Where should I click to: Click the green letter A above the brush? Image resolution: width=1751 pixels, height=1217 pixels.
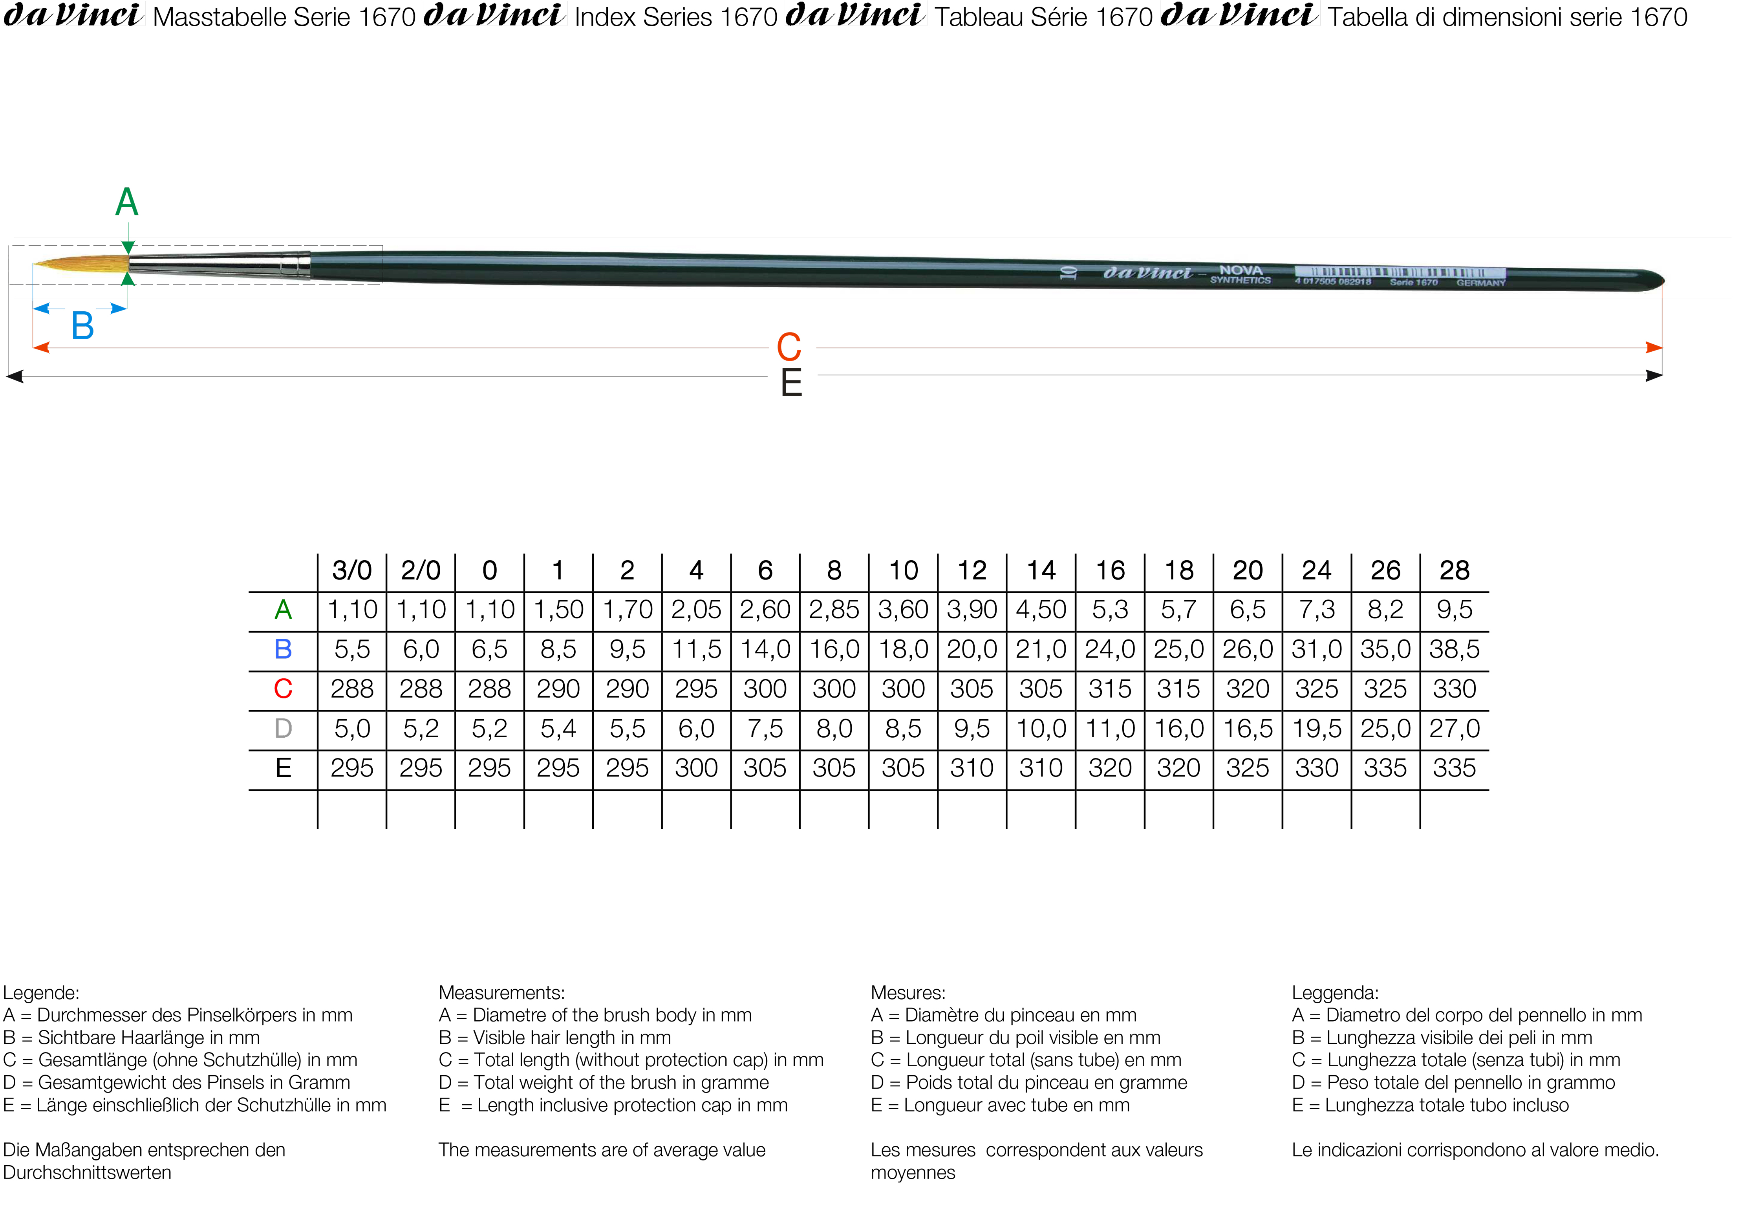tap(126, 203)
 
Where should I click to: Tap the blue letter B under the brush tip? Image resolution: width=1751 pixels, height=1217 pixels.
tap(82, 326)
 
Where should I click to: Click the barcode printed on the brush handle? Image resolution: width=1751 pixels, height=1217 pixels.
tap(1400, 272)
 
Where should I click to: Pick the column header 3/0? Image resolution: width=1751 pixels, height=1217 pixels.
tap(351, 570)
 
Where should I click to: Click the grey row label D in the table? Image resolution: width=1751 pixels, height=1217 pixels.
tap(283, 729)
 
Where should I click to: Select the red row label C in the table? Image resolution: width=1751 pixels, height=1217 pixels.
tap(283, 689)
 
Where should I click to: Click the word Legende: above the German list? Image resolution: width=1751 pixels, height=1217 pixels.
tap(41, 993)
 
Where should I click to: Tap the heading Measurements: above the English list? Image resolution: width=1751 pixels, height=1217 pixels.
tap(501, 993)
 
